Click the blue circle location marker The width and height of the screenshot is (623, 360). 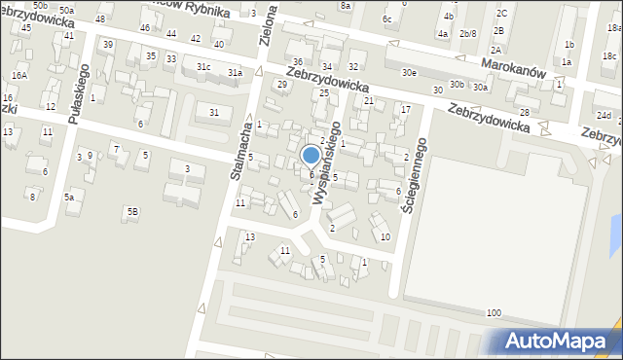click(x=311, y=155)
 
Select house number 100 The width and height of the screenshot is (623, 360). click(x=495, y=312)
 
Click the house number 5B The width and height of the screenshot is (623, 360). click(x=132, y=211)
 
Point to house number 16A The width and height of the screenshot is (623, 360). click(x=19, y=75)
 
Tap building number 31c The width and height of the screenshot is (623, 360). click(x=202, y=66)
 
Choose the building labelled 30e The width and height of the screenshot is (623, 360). click(x=410, y=72)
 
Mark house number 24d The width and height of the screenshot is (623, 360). click(x=604, y=116)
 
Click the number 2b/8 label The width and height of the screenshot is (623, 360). click(x=468, y=33)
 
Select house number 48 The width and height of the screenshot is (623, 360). click(x=100, y=19)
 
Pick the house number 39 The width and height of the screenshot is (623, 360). click(x=108, y=45)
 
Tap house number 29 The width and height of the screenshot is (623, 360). click(x=282, y=85)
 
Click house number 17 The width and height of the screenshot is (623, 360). click(x=406, y=109)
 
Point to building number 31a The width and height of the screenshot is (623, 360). click(x=235, y=73)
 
